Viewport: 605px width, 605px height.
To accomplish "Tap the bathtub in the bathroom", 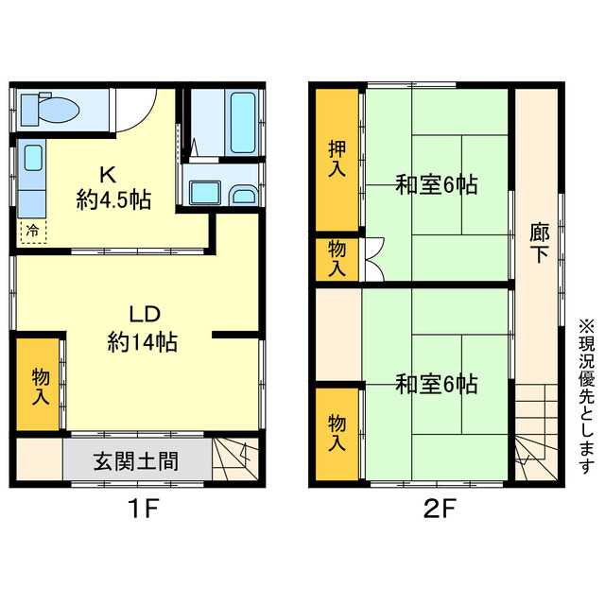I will pyautogui.click(x=242, y=122).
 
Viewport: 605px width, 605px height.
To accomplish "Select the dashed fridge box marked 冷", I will pyautogui.click(x=32, y=229).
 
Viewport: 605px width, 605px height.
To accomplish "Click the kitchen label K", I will pyautogui.click(x=108, y=175).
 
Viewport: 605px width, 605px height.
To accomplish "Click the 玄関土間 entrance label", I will pyautogui.click(x=136, y=462).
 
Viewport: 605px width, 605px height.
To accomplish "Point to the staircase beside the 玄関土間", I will pyautogui.click(x=233, y=459).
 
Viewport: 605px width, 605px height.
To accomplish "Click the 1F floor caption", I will pyautogui.click(x=143, y=511).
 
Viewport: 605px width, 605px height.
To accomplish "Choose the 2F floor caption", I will pyautogui.click(x=439, y=511).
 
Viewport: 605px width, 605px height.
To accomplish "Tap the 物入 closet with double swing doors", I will pyautogui.click(x=337, y=258).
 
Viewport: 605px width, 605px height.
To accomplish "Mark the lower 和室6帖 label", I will pyautogui.click(x=436, y=384).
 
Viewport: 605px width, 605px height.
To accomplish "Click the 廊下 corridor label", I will pyautogui.click(x=538, y=242).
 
